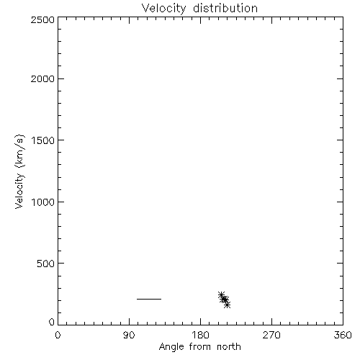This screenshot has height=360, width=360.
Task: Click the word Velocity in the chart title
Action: click(x=163, y=9)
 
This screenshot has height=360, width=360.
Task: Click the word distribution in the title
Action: click(x=225, y=8)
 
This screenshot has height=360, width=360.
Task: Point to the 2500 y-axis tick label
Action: click(x=42, y=19)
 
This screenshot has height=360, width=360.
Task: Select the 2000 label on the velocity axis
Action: click(x=42, y=78)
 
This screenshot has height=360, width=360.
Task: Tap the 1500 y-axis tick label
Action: click(x=43, y=140)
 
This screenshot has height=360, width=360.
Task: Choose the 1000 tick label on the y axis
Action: click(x=43, y=202)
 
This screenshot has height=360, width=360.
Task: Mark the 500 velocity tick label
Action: click(x=46, y=264)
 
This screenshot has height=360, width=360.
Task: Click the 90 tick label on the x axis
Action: click(x=129, y=335)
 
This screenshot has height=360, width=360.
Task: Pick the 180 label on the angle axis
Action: click(x=200, y=335)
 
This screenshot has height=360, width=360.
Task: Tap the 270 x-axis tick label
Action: click(x=271, y=335)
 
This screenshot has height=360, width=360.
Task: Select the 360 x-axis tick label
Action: click(x=343, y=335)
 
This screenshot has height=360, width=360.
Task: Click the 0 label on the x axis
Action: click(x=58, y=335)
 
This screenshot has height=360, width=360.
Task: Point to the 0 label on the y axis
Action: click(x=52, y=322)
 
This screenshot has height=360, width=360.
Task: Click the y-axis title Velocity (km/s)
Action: click(x=19, y=171)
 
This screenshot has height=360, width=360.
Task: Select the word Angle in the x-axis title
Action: click(x=171, y=347)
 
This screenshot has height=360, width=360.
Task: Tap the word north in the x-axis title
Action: click(x=229, y=346)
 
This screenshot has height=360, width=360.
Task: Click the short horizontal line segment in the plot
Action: click(x=149, y=299)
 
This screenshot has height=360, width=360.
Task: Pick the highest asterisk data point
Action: click(x=221, y=294)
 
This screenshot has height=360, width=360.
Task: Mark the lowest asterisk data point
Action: click(x=228, y=305)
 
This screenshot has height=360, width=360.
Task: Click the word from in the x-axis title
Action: click(x=200, y=346)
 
